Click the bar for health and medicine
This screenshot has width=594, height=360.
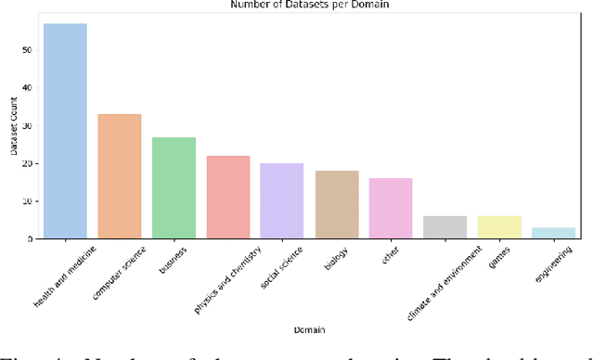click(65, 132)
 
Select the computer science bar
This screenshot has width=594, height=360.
click(120, 176)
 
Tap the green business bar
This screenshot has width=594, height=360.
click(174, 188)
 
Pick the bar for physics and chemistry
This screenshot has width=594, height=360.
click(227, 198)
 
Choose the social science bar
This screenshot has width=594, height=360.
click(282, 201)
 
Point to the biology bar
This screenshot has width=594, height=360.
click(336, 205)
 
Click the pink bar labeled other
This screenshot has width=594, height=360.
click(391, 209)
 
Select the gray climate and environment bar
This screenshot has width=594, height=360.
click(445, 227)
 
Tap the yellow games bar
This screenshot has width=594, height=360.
click(499, 227)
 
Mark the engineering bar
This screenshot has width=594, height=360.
click(553, 233)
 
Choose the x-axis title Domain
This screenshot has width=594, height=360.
click(309, 328)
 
